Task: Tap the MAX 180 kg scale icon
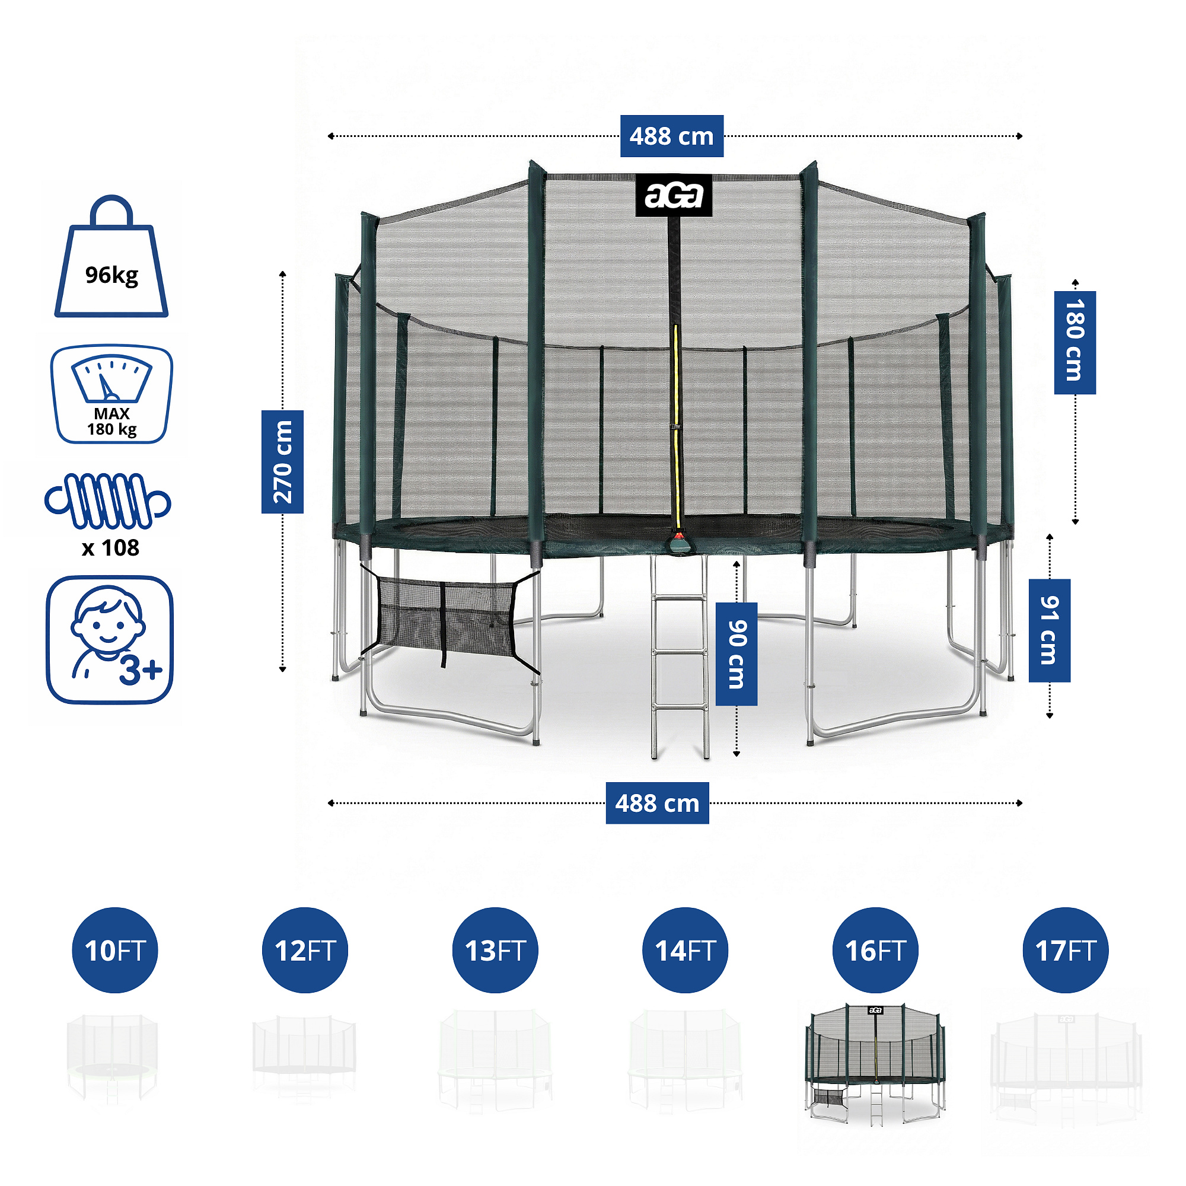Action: pos(111,394)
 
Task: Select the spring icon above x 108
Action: pos(108,501)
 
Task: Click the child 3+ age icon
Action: pos(110,640)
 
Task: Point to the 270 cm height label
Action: pos(282,461)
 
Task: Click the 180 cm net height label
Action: pos(1075,342)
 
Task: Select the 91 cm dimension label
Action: pos(1050,630)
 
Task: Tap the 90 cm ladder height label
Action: pos(737,653)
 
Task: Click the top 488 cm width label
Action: pos(672,136)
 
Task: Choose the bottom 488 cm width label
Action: pos(658,803)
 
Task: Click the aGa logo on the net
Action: pos(674,196)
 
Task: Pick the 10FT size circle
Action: pos(115,950)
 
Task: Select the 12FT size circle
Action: pos(305,950)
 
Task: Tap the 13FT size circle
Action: pos(495,950)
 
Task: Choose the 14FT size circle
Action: pos(685,950)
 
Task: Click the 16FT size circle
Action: pos(875,950)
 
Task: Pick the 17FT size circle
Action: pos(1066,950)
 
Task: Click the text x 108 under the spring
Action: pos(110,547)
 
